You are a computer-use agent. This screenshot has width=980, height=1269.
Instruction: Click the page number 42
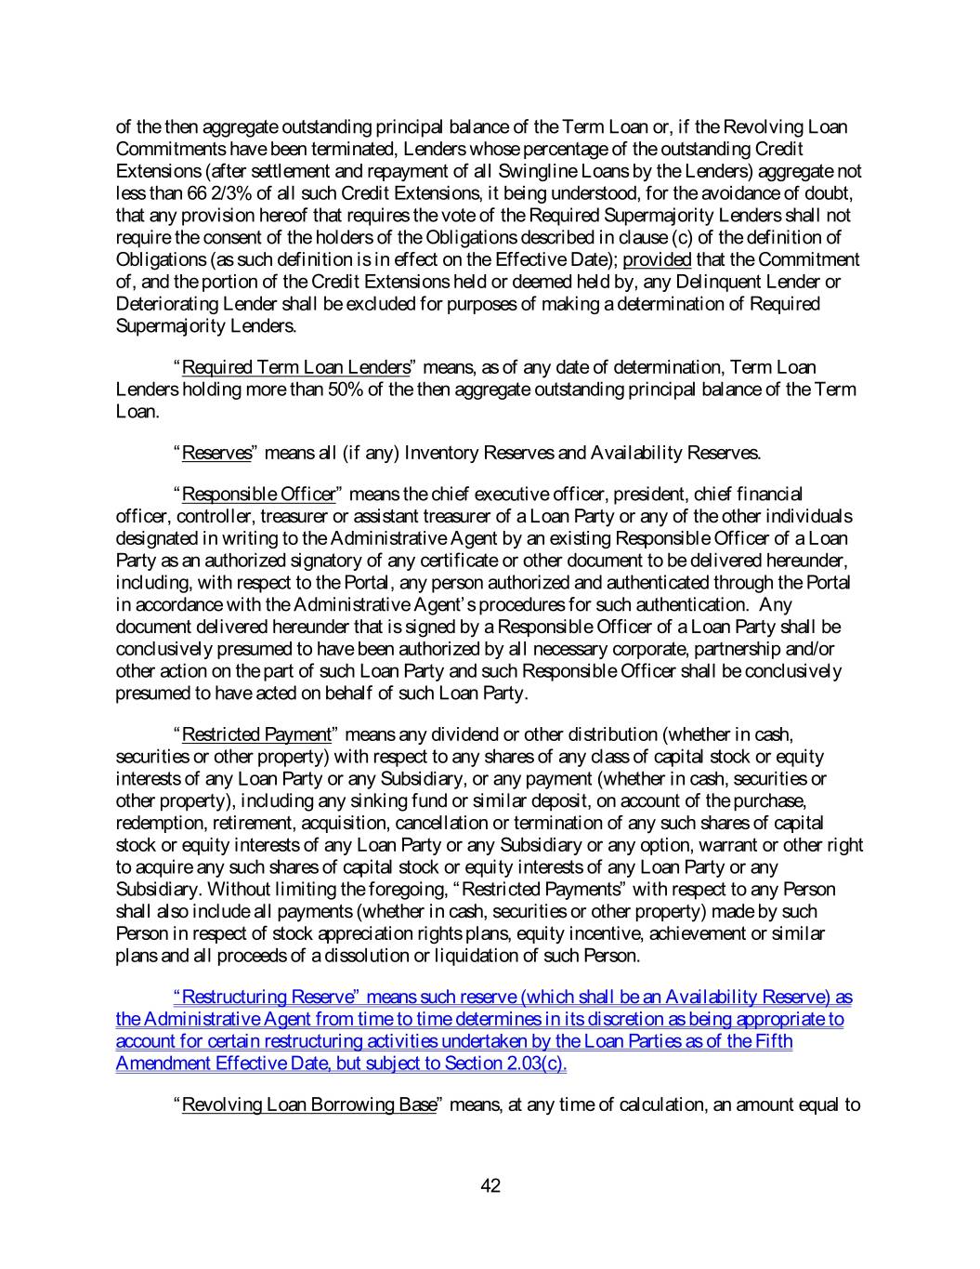pyautogui.click(x=490, y=1185)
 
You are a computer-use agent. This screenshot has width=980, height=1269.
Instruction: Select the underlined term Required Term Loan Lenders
pyautogui.click(x=295, y=367)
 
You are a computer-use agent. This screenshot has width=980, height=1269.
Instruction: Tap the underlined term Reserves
pyautogui.click(x=216, y=453)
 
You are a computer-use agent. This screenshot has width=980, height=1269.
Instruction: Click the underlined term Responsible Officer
pyautogui.click(x=258, y=494)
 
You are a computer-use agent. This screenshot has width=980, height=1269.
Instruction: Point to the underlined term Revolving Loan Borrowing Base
pyautogui.click(x=308, y=1105)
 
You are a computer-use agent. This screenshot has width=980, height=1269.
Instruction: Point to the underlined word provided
pyautogui.click(x=657, y=259)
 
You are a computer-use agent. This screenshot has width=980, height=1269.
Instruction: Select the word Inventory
pyautogui.click(x=419, y=453)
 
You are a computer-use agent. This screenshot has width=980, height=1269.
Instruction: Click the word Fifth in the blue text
pyautogui.click(x=774, y=1042)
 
